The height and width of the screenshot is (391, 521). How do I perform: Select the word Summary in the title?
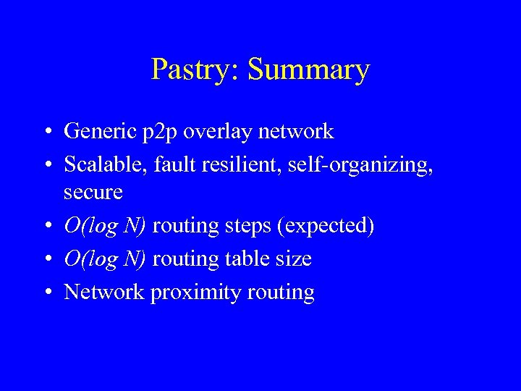coord(308,70)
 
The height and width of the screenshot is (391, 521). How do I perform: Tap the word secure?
coord(93,193)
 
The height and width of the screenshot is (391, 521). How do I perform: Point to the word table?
coord(245,258)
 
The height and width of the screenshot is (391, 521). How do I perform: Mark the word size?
coord(294,258)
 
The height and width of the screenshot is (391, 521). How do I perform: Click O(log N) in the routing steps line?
coord(106,226)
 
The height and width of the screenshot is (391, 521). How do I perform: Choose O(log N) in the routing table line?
coord(106,258)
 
